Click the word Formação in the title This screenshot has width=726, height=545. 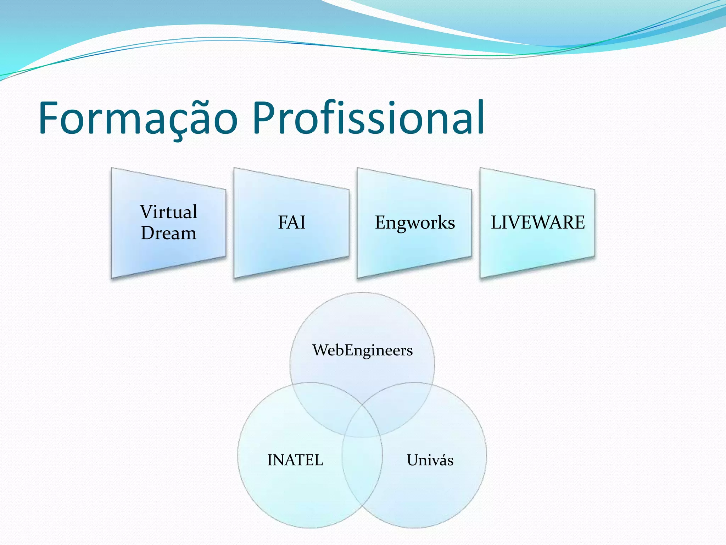138,119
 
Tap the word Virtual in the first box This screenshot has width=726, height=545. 168,212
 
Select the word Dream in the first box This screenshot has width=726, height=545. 168,233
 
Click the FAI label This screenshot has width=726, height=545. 291,223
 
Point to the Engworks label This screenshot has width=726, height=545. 414,223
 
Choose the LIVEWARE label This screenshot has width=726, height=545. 537,223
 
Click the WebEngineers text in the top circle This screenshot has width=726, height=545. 362,350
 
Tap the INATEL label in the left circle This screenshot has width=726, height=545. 295,460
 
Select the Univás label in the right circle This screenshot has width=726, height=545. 430,460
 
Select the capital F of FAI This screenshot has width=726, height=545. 282,223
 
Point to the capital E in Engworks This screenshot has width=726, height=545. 380,222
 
